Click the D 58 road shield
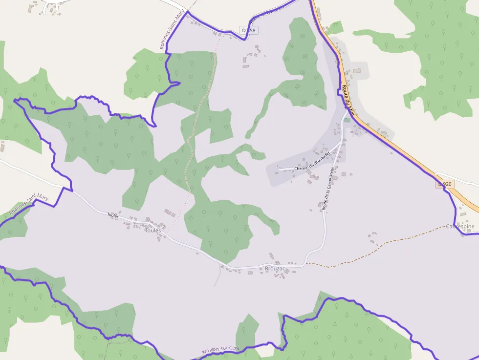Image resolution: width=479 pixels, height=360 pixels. (x=249, y=31)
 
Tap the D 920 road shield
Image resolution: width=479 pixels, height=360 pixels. (x=445, y=184)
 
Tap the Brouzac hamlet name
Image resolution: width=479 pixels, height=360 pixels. (x=275, y=269)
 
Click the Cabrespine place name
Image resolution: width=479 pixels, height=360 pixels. (x=460, y=227)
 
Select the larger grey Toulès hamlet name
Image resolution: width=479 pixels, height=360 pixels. (x=153, y=231)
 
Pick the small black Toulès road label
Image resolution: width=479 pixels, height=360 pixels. (x=113, y=215)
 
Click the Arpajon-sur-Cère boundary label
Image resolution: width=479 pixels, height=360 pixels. (x=221, y=350)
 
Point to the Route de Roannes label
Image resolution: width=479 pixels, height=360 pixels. (x=266, y=14)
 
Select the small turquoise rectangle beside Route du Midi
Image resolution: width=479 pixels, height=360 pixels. (x=347, y=120)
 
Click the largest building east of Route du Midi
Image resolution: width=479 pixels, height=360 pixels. (x=356, y=71)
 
